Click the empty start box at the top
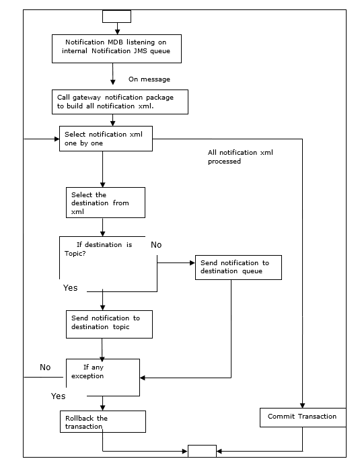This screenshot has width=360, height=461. click(116, 16)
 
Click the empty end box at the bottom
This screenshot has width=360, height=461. click(202, 451)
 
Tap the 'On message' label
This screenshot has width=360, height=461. click(149, 79)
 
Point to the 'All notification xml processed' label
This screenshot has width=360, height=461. click(240, 157)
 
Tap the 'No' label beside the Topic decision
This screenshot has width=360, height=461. click(156, 245)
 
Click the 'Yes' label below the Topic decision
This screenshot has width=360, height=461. click(71, 287)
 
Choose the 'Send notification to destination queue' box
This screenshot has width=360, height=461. click(238, 267)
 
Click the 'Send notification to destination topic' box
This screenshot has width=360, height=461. click(109, 324)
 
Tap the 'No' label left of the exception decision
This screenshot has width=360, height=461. click(45, 367)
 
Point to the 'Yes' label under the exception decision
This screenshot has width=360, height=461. click(59, 396)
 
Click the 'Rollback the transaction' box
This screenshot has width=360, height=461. click(103, 422)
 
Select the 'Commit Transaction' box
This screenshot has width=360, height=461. click(302, 417)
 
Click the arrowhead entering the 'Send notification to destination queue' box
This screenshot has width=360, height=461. click(192, 263)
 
